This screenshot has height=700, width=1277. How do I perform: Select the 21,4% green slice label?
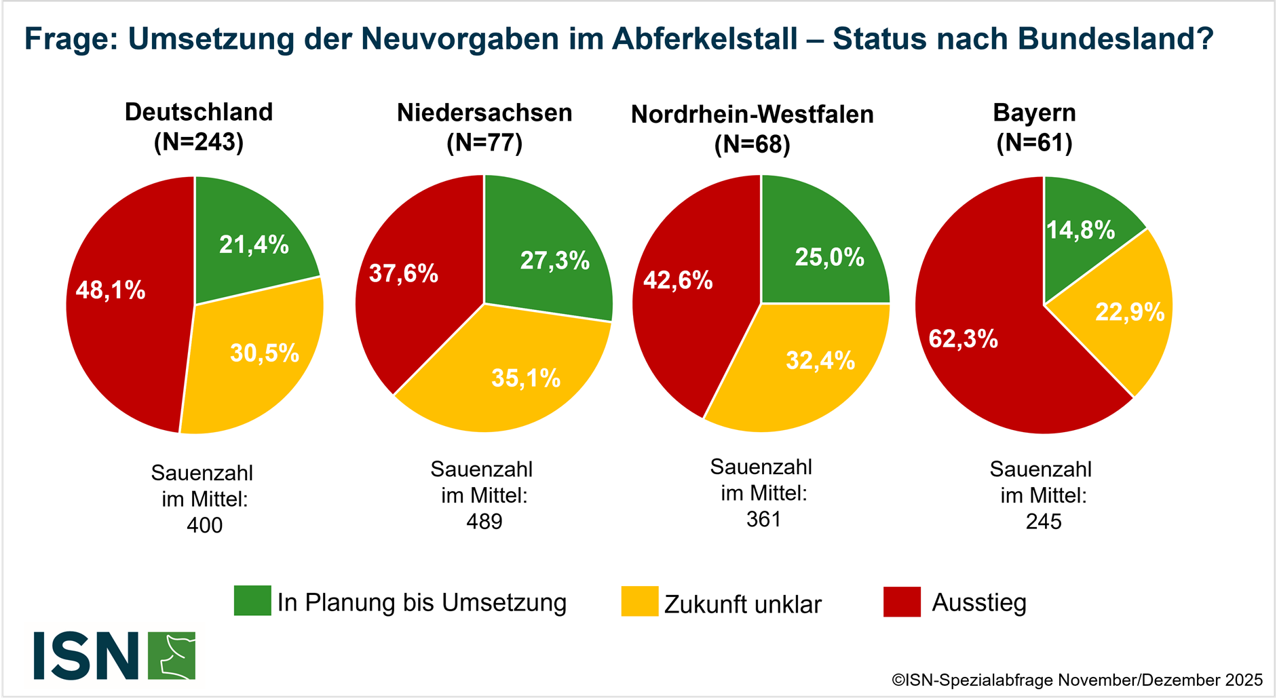coord(254,244)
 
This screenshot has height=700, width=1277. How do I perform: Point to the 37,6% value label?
coord(404,274)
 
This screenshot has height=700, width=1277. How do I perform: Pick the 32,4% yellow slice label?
coord(820,360)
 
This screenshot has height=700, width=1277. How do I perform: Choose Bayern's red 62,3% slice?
coord(984,353)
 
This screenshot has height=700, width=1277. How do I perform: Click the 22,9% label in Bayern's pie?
coord(1130,312)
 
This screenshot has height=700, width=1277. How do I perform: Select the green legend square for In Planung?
coord(252,601)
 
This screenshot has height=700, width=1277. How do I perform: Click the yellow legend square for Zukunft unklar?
coord(639,602)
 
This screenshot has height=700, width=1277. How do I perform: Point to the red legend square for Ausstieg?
coord(902,602)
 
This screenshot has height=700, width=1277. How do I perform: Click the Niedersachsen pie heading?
coord(484,113)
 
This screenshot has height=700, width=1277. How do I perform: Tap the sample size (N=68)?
coord(752,144)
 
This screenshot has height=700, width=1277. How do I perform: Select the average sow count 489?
coord(484,522)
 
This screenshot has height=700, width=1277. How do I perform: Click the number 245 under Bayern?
coord(1044,522)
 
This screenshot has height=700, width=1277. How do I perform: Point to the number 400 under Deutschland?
coord(204,525)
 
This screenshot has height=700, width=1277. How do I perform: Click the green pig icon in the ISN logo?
coord(172,656)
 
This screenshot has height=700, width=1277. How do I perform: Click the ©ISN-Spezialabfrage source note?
coord(1077,680)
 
